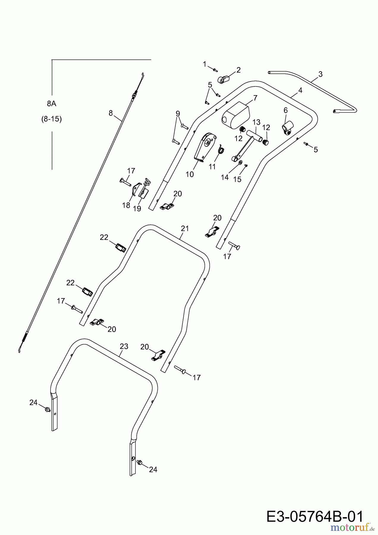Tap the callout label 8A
[x=51, y=104]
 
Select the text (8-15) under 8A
[x=51, y=119]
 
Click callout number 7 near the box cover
[x=255, y=98]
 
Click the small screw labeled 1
[x=215, y=70]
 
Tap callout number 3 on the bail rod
[x=320, y=74]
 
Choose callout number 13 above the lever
[x=256, y=122]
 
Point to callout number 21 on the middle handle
[x=185, y=229]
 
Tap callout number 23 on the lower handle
[x=124, y=346]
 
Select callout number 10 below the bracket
[x=190, y=174]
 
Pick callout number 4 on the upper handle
[x=300, y=90]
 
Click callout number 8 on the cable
[x=111, y=113]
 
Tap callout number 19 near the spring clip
[x=137, y=209]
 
